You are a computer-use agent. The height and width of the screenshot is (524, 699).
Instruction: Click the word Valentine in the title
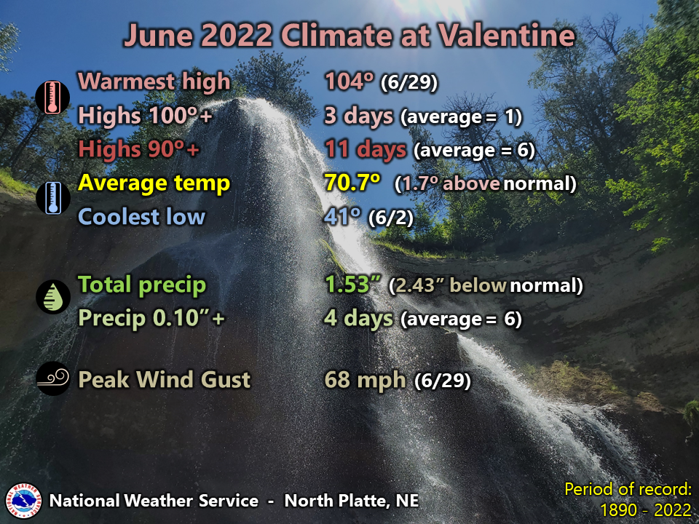[x=507, y=35]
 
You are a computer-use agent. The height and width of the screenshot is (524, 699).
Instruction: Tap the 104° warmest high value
[x=349, y=81]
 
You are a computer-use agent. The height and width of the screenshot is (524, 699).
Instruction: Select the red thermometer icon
[x=52, y=97]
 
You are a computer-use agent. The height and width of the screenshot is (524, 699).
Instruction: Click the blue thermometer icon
[x=53, y=198]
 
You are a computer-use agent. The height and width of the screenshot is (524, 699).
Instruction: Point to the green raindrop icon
[x=53, y=296]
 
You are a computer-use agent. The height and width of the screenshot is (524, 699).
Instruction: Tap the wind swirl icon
[x=53, y=378]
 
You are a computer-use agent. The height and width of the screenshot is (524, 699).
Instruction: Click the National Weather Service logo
[x=23, y=501]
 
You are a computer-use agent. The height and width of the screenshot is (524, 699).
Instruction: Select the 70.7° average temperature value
[x=352, y=182]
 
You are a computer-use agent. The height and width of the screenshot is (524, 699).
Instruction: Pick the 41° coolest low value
[x=342, y=216]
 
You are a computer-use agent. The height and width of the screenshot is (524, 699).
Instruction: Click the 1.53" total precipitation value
[x=353, y=285]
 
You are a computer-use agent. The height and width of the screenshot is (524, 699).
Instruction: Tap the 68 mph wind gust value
[x=365, y=380]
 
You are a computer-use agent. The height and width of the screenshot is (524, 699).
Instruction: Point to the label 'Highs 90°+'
[x=138, y=148]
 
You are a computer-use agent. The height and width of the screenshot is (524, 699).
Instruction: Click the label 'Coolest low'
[x=142, y=217]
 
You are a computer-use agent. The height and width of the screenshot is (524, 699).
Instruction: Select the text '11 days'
[x=366, y=148]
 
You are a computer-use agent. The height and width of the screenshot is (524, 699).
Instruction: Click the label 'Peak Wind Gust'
[x=165, y=380]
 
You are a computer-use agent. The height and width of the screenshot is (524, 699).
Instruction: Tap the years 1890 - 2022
[x=646, y=509]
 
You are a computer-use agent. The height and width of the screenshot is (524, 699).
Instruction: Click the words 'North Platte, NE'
[x=352, y=501]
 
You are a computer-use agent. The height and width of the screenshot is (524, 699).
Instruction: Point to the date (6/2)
[x=391, y=218]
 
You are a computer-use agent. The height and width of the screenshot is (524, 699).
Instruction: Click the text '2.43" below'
[x=448, y=285]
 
